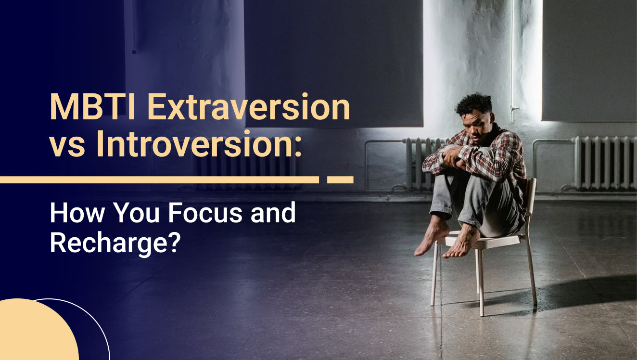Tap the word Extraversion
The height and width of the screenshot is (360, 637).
click(249, 107)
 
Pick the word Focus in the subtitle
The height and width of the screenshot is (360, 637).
click(205, 213)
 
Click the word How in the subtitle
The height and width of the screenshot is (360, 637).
click(77, 213)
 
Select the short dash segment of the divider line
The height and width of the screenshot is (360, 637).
click(340, 180)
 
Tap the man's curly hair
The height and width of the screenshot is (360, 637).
click(474, 105)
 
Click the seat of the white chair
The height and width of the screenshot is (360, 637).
click(484, 240)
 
